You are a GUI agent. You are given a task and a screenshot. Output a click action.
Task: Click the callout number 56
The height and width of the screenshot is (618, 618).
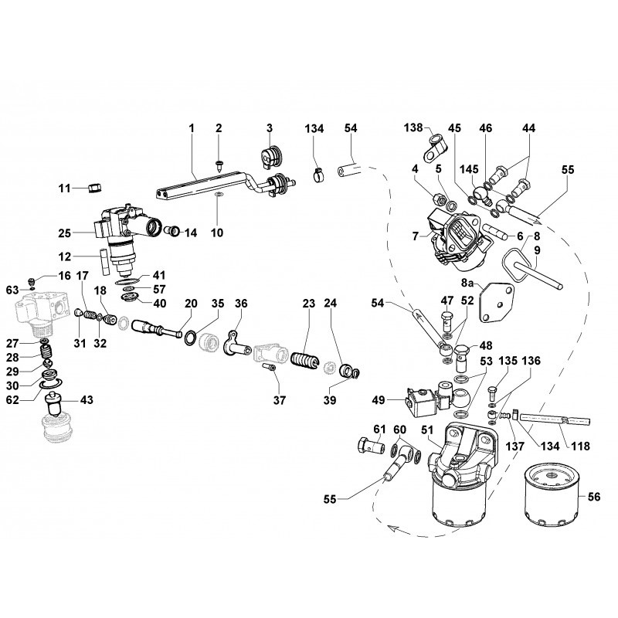[595, 498]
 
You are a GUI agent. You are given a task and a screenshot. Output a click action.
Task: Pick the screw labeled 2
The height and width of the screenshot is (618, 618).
[219, 162]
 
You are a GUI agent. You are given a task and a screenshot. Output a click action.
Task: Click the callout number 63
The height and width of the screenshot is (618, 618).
[12, 290]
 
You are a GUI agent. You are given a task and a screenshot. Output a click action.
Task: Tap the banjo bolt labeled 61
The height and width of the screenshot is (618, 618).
[371, 447]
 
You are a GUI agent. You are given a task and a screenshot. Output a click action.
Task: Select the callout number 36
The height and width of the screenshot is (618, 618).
[240, 304]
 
